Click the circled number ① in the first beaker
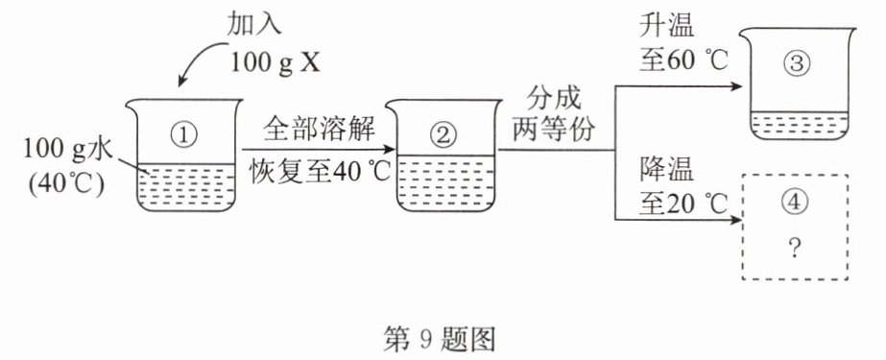click(x=184, y=134)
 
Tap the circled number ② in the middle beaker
click(x=443, y=134)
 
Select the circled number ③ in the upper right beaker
click(x=798, y=64)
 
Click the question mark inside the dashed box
click(x=795, y=249)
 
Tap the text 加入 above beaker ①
click(x=253, y=25)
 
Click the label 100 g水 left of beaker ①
click(x=68, y=150)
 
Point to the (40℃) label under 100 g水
click(x=66, y=185)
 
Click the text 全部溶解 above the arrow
click(x=320, y=131)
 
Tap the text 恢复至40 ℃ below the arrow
click(x=321, y=173)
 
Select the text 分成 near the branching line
click(x=553, y=98)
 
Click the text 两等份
click(x=553, y=130)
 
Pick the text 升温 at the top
click(x=667, y=25)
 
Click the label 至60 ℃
click(x=683, y=60)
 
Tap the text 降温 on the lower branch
click(x=667, y=169)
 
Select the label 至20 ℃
click(x=683, y=204)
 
